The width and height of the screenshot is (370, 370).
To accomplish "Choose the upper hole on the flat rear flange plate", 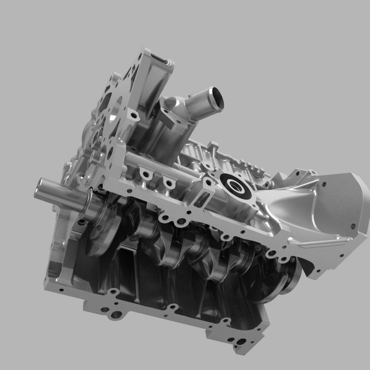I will [324, 184].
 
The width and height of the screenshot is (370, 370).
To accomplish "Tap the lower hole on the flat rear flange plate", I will [353, 226].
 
